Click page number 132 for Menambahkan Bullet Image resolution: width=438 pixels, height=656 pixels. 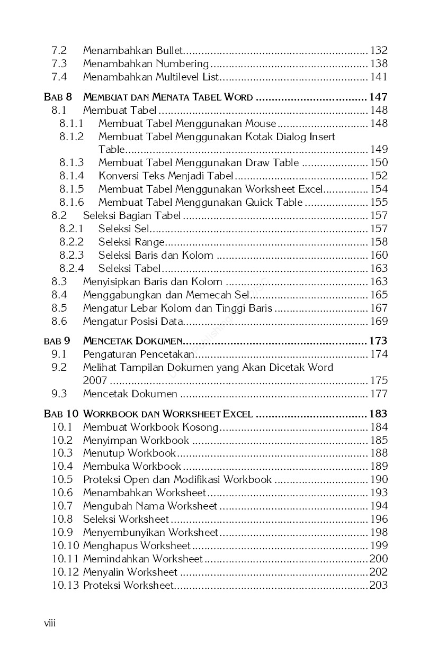coord(379,51)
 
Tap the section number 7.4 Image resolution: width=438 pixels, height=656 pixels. coord(59,77)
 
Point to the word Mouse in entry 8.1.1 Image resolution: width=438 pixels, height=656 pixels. coord(261,124)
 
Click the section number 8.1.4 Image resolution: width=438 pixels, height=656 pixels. coord(71,176)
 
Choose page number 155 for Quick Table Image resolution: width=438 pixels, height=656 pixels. coord(379,203)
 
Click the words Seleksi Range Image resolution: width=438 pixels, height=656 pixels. coord(131,242)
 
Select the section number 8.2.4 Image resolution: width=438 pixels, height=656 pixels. coord(71,269)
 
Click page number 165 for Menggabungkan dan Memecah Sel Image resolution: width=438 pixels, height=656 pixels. coord(379,295)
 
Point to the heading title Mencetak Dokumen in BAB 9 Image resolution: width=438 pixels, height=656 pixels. coord(133,341)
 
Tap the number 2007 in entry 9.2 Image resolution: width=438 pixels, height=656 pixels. coord(95,381)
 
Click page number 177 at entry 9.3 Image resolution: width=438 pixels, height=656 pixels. coord(379,394)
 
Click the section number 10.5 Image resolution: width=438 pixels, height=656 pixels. coord(62,480)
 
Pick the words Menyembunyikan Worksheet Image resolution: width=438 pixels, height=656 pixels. coord(150,533)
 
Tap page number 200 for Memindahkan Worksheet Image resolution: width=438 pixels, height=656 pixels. coord(379,559)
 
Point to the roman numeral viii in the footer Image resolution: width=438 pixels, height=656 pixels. coord(50,623)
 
